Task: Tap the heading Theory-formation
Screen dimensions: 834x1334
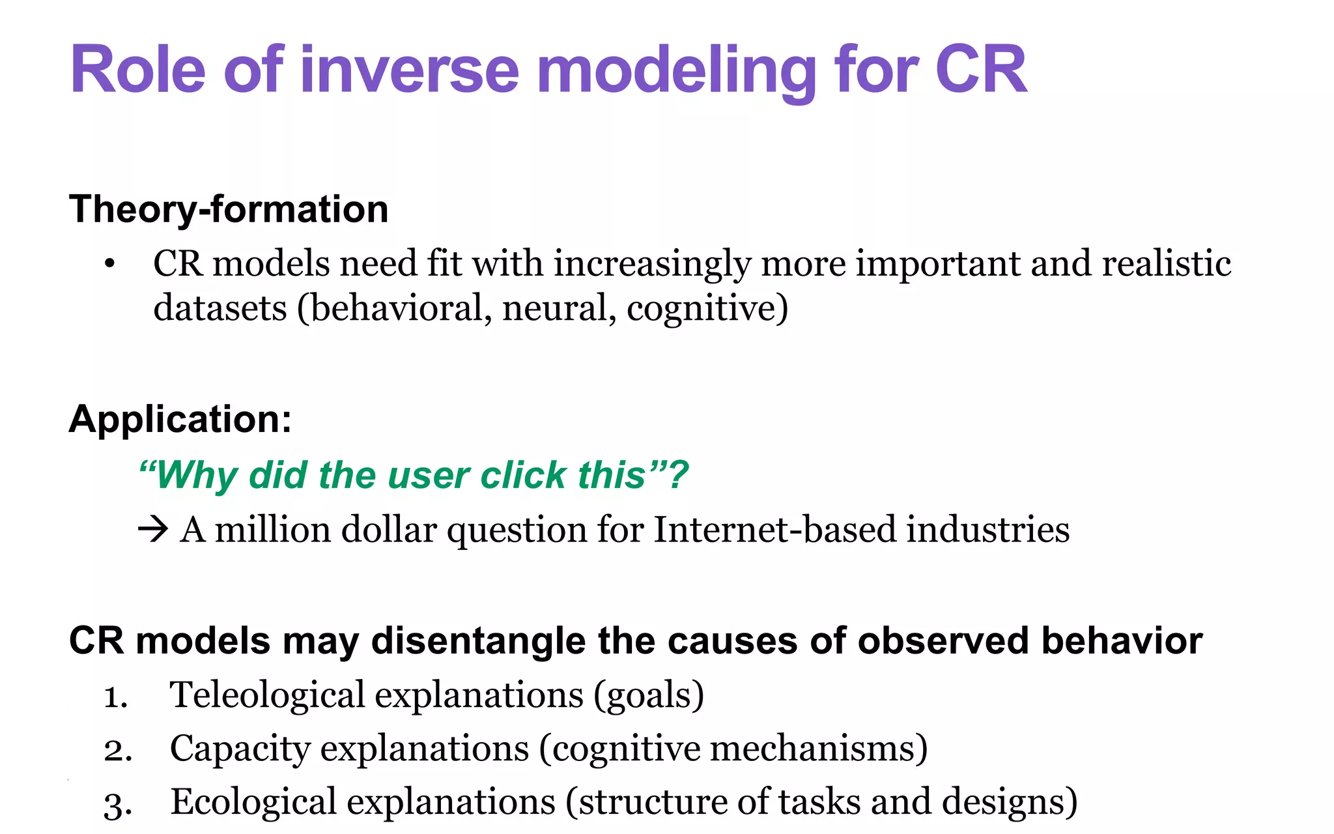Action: click(229, 209)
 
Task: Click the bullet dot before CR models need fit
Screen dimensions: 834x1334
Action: click(109, 265)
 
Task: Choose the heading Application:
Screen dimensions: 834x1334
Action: click(180, 418)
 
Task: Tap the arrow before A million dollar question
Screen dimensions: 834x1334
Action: click(154, 529)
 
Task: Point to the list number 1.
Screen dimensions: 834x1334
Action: click(116, 697)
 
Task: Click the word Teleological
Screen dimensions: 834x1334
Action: click(267, 695)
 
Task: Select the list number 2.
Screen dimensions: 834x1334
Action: click(118, 751)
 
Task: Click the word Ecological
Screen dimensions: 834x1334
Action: click(253, 801)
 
